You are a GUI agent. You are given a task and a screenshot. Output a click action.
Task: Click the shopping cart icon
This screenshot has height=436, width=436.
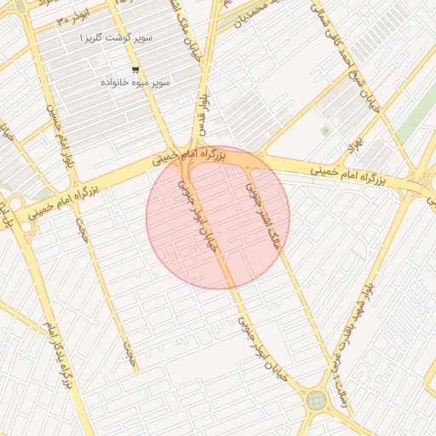click(x=135, y=70)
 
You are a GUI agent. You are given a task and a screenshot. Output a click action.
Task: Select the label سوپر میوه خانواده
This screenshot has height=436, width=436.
click(x=136, y=83)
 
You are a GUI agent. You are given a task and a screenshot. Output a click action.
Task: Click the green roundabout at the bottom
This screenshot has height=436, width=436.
click(x=317, y=399)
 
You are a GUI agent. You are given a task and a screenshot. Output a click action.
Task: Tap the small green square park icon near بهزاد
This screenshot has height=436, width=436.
click(x=324, y=130)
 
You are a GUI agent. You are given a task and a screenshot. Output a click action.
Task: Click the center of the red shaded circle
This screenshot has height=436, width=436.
click(x=218, y=217)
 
